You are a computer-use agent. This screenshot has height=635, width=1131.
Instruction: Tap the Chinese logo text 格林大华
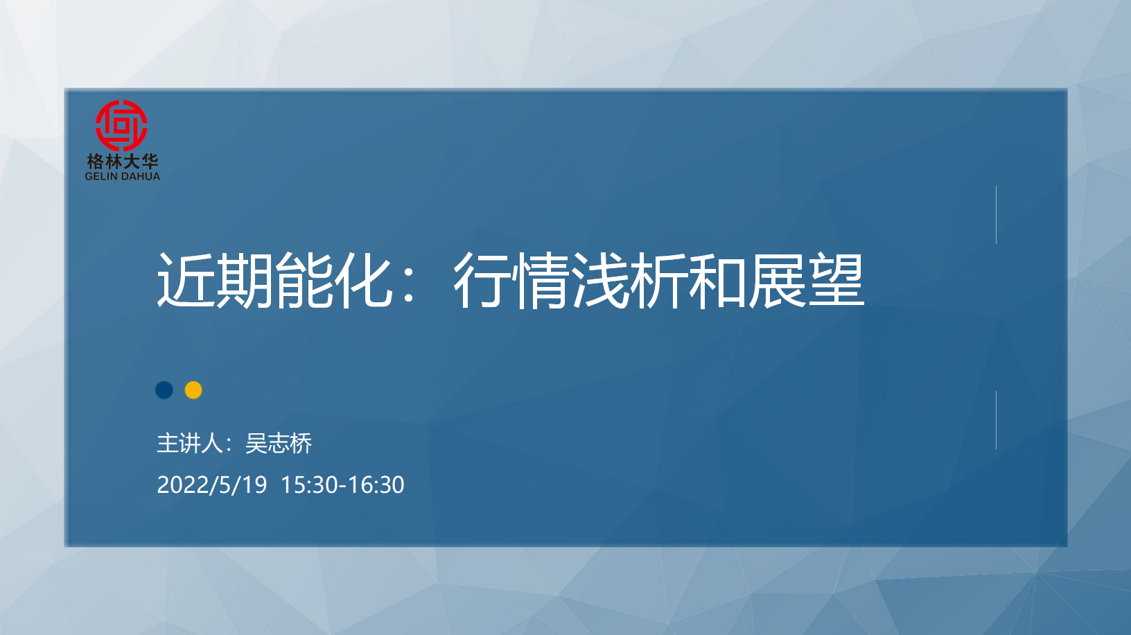point(123,162)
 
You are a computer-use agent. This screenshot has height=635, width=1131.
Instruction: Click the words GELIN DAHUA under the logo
point(122,176)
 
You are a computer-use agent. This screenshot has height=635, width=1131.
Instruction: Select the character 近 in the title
point(186,280)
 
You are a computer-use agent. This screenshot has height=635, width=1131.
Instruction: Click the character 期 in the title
point(245,280)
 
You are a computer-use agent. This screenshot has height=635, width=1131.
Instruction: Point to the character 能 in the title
point(304,280)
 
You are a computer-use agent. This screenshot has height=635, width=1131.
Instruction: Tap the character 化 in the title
point(364,280)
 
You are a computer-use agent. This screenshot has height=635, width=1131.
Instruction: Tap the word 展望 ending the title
point(807,280)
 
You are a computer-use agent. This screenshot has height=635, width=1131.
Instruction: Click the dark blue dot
point(164,390)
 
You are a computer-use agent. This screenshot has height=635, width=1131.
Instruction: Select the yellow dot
point(193,390)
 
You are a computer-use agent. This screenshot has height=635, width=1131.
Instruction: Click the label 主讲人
point(190,443)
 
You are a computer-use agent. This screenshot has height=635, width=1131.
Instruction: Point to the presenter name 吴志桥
point(279,443)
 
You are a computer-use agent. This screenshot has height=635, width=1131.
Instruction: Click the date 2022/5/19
point(212,485)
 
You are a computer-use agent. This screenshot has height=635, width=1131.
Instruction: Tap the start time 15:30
point(309,485)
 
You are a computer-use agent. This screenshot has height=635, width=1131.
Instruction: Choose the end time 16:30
point(376,485)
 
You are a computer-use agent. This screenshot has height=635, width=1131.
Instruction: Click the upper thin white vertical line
point(996,215)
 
